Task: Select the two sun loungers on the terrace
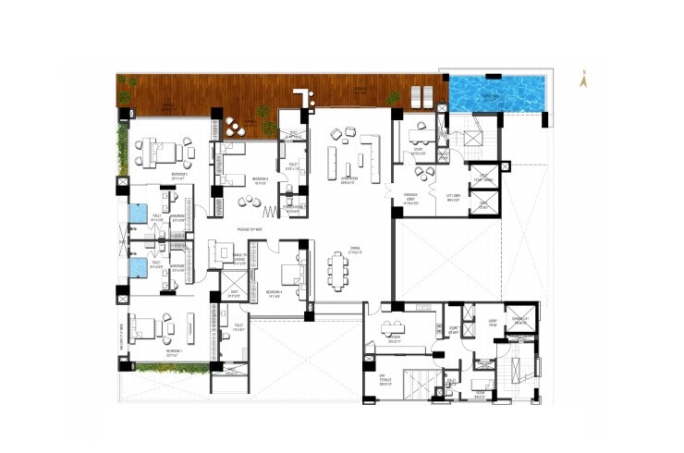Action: point(422,94)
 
